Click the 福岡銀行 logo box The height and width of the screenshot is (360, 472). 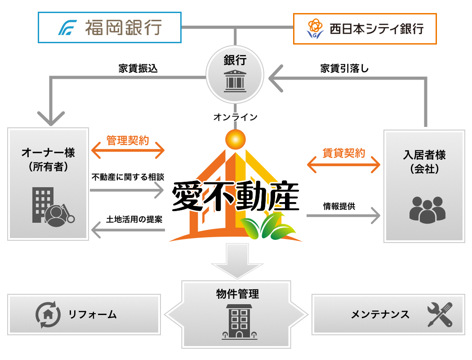109,27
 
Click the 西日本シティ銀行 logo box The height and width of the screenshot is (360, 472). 365,28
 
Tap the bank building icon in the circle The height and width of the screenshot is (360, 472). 235,80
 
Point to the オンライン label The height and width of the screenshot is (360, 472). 235,117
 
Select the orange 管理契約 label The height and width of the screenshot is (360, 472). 128,140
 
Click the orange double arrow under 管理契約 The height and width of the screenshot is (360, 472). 128,151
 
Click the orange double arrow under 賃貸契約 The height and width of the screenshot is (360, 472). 344,165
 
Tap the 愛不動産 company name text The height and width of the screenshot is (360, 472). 235,197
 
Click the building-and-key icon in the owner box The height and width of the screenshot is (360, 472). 52,207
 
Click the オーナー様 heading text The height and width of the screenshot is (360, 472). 48,153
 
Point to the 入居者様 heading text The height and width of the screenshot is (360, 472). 424,155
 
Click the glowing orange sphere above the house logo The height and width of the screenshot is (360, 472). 235,139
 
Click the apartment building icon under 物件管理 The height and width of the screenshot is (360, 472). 239,321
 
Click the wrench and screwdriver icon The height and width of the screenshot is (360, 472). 439,314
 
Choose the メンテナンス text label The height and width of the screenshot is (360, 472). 380,314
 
